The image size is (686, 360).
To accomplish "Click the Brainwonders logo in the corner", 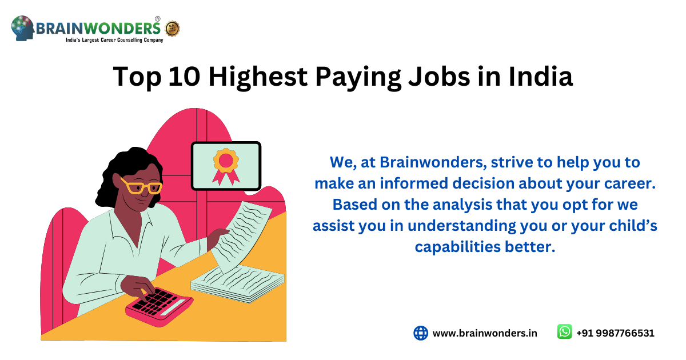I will point(86,29).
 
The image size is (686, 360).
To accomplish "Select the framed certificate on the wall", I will point(226,166).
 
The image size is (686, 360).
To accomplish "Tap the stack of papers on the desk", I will point(237,283).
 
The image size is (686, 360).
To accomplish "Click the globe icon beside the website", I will point(421,333).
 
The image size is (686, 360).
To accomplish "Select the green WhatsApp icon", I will point(564,332).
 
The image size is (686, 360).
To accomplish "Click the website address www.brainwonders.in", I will point(485,333).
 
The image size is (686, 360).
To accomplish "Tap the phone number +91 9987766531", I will point(615,333).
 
